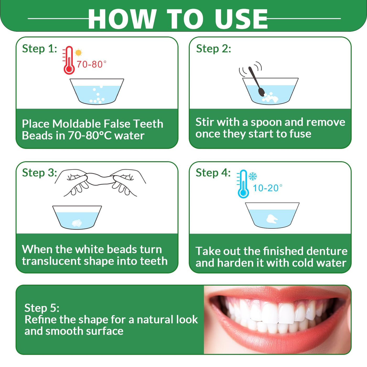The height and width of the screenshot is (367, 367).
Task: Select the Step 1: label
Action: click(x=39, y=48)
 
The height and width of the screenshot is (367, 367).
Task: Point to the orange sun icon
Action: click(x=78, y=53)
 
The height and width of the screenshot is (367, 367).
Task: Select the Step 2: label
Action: click(x=213, y=48)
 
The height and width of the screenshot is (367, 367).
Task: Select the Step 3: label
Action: click(x=39, y=173)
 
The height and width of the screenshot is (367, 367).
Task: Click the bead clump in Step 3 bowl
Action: click(x=77, y=223)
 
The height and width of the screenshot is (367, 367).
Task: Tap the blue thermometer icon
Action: click(x=243, y=184)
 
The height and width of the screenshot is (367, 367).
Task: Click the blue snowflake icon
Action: click(x=252, y=176)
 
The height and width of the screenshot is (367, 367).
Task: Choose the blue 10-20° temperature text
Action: click(x=267, y=188)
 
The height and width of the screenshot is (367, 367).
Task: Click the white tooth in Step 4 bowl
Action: click(x=272, y=219)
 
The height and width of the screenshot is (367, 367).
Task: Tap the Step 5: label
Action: click(x=42, y=308)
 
